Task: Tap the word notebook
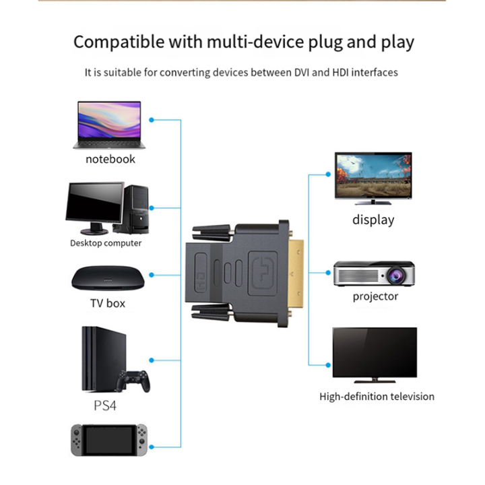pos(110,159)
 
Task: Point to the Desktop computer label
pos(106,243)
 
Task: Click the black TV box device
pos(108,278)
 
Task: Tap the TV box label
pos(108,303)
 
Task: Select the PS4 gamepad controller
pos(133,381)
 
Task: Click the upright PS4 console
pos(98,359)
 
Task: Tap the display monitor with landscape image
pos(373,176)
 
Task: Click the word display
pos(373,220)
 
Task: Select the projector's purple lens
pos(393,275)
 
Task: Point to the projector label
pos(375,296)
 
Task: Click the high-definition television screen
pos(375,354)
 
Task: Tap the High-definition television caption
pos(377,396)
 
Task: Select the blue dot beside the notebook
pos(152,120)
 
